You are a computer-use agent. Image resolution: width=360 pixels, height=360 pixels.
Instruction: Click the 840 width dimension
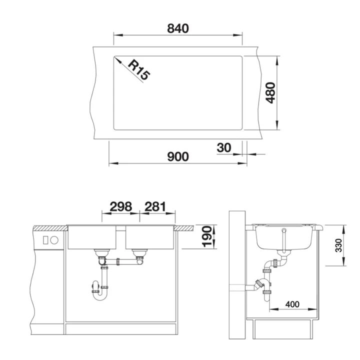tap(178, 28)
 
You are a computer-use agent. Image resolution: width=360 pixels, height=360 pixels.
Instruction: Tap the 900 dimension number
tap(178, 156)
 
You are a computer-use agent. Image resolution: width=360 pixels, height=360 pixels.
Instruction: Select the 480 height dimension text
tap(270, 93)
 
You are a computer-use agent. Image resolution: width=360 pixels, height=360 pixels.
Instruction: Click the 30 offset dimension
tap(224, 147)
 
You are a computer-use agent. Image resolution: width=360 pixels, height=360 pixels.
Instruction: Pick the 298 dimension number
tap(121, 206)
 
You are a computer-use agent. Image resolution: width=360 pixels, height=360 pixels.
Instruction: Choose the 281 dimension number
tap(155, 206)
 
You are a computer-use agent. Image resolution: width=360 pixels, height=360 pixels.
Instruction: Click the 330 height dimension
tap(338, 245)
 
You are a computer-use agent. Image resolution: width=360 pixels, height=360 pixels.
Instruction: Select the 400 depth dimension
tap(292, 304)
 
